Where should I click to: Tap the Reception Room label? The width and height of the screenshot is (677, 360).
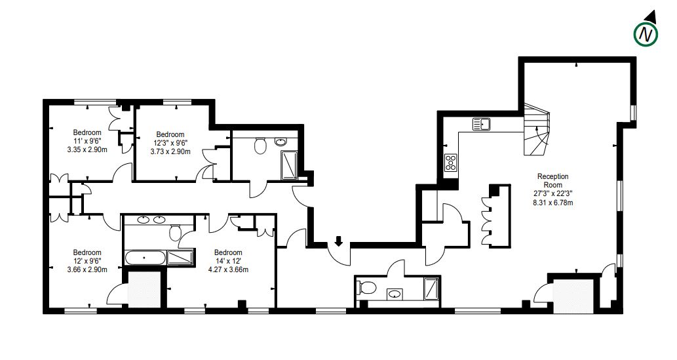(x=552, y=180)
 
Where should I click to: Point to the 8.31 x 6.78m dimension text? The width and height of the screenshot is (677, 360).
(x=552, y=202)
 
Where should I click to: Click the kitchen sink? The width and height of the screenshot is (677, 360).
(x=482, y=124)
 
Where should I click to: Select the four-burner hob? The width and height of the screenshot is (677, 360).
(x=451, y=163)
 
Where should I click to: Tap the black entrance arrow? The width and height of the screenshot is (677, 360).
(x=339, y=241)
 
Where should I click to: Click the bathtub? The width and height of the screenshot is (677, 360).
(x=145, y=258)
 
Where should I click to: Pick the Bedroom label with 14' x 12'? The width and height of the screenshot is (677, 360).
(x=228, y=252)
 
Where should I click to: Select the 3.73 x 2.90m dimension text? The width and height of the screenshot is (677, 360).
(x=170, y=151)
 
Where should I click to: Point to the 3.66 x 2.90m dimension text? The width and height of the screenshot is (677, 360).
(x=87, y=270)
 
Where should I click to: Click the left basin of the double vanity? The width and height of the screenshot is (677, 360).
(x=143, y=220)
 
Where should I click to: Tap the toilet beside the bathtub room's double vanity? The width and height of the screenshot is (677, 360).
(x=175, y=233)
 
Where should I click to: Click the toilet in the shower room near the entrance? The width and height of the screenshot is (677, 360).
(x=366, y=287)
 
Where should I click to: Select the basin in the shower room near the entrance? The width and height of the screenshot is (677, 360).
(x=394, y=294)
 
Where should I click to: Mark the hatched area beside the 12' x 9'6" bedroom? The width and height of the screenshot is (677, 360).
(x=145, y=290)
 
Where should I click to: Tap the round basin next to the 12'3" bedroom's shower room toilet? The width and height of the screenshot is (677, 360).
(x=280, y=142)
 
